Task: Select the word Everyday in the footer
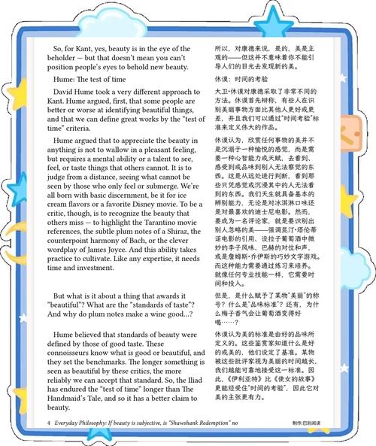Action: pos(73,423)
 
